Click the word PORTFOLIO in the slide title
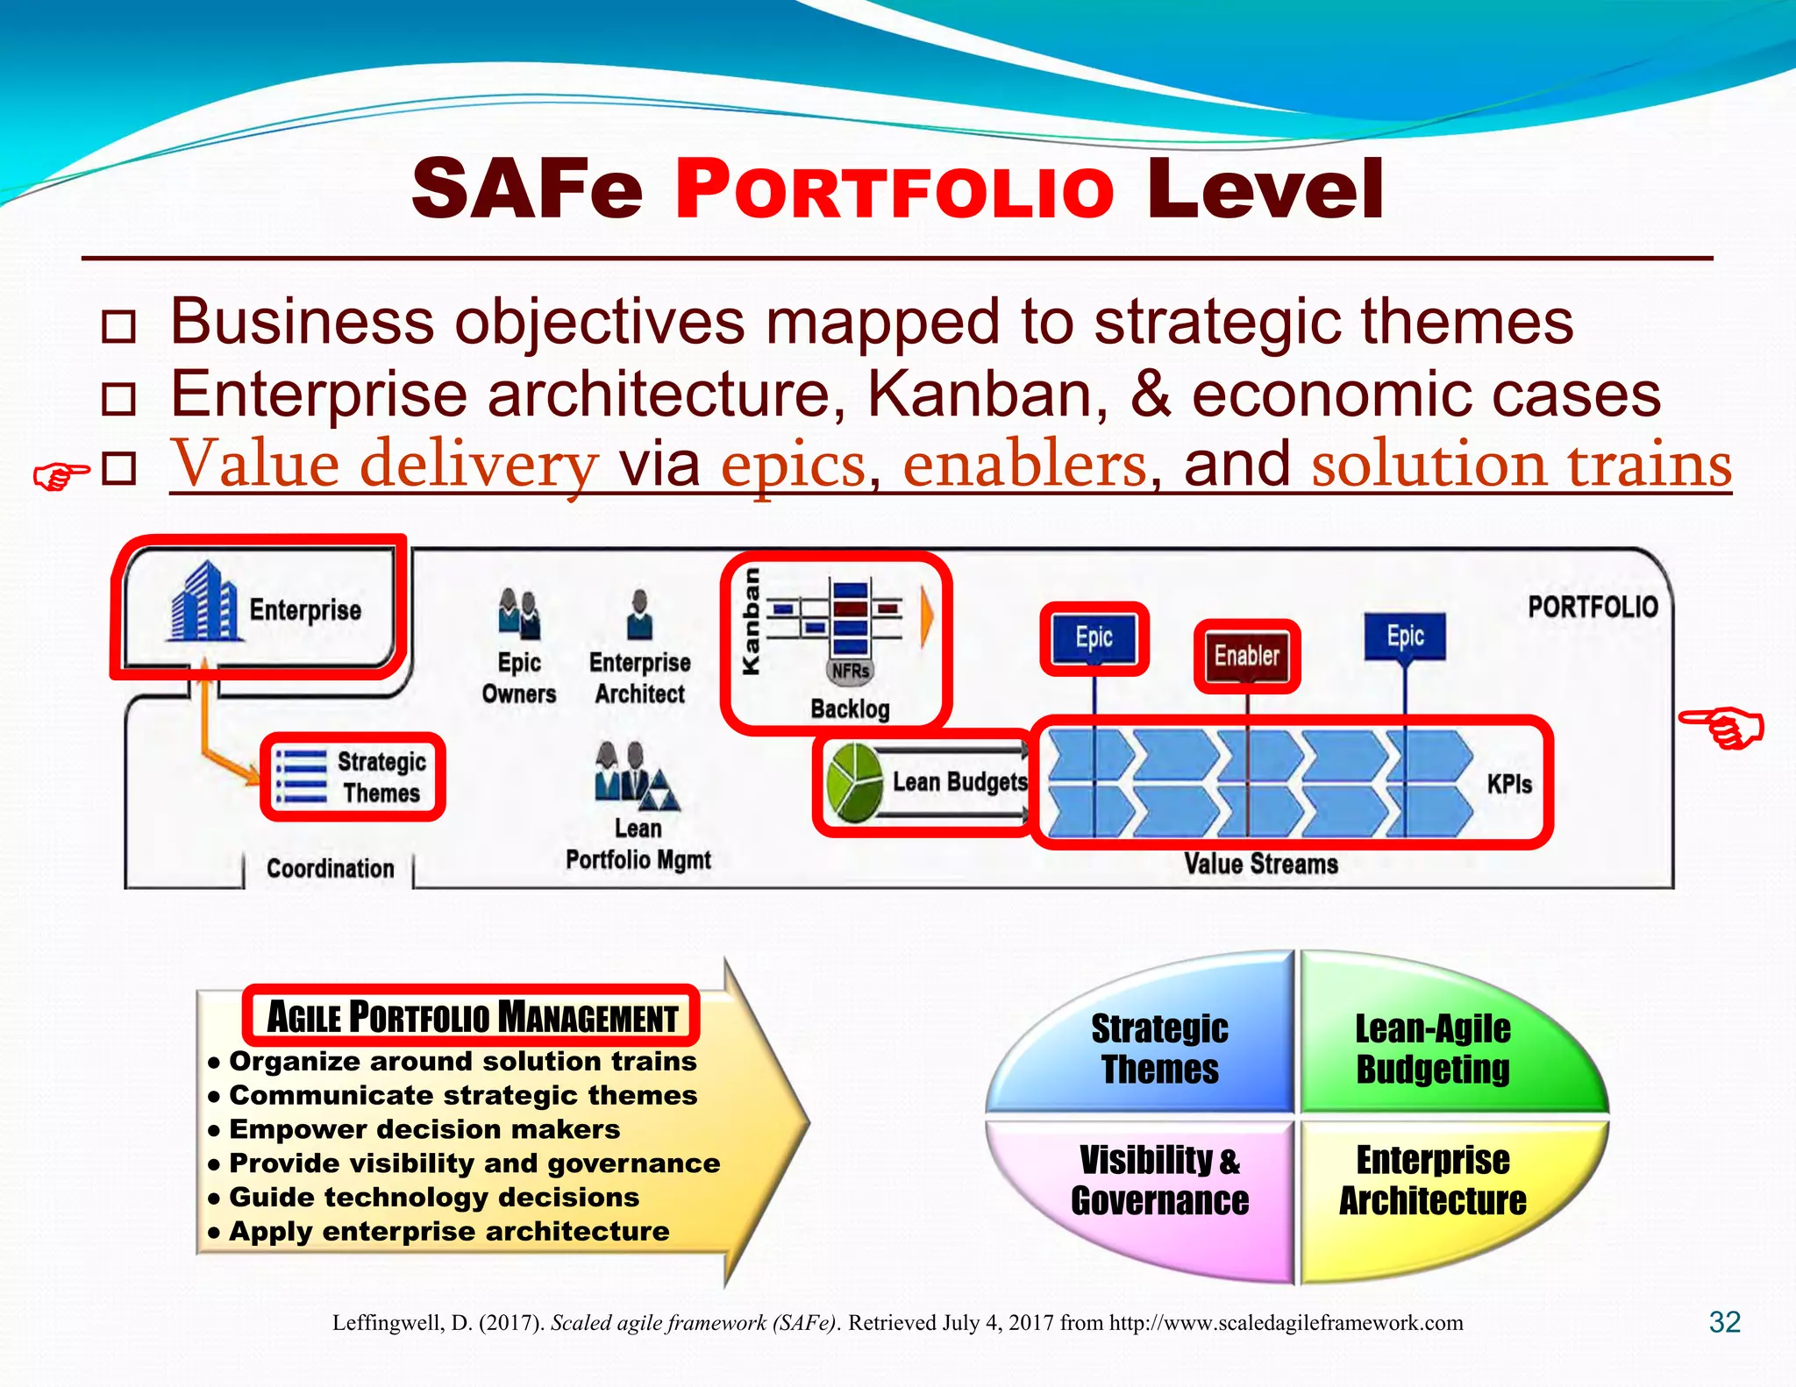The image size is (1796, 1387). point(894,190)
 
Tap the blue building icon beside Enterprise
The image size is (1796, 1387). point(203,603)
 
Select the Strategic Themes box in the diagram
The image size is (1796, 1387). point(353,777)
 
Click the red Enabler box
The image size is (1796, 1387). point(1246,656)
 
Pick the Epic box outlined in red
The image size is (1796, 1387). point(1094,638)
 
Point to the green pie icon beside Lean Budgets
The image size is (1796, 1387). point(853,782)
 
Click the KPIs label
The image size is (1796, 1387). point(1508,784)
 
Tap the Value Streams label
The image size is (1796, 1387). point(1260,864)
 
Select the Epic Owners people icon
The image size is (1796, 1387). point(518,613)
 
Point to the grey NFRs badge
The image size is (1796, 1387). point(850,672)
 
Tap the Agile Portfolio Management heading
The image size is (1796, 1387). point(471,1017)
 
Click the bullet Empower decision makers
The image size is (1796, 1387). point(424,1129)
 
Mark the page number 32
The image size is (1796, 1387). point(1724,1322)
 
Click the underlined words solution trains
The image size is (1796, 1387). point(1521,465)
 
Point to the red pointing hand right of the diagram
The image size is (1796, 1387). point(1721,729)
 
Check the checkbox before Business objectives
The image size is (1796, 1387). point(118,326)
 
